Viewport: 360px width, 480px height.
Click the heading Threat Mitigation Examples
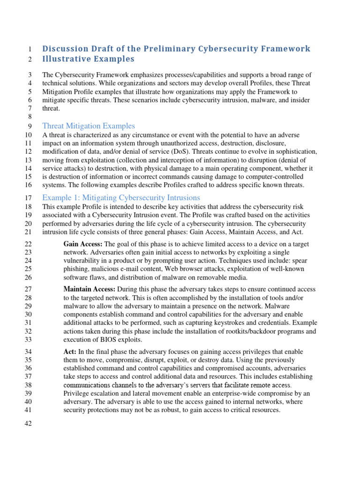[89, 126]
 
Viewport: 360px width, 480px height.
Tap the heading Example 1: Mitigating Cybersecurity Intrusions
[121, 197]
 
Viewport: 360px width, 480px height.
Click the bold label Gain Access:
[83, 244]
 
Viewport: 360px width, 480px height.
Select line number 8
[29, 116]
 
